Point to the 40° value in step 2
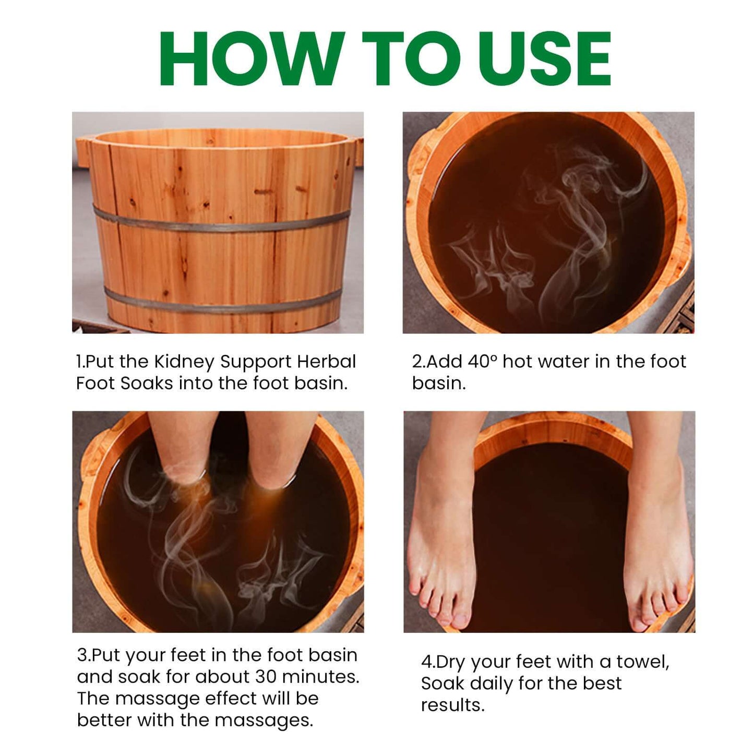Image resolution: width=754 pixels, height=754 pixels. coord(482,361)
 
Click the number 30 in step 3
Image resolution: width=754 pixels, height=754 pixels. coord(266,677)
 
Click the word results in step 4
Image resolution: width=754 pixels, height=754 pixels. coord(452,705)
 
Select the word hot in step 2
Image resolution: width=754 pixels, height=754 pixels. coord(517,361)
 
